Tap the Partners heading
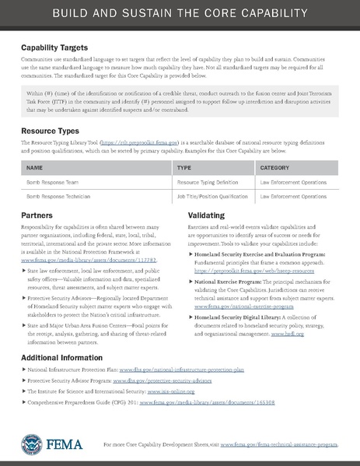37,214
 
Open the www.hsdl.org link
287,333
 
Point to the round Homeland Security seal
31,443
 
